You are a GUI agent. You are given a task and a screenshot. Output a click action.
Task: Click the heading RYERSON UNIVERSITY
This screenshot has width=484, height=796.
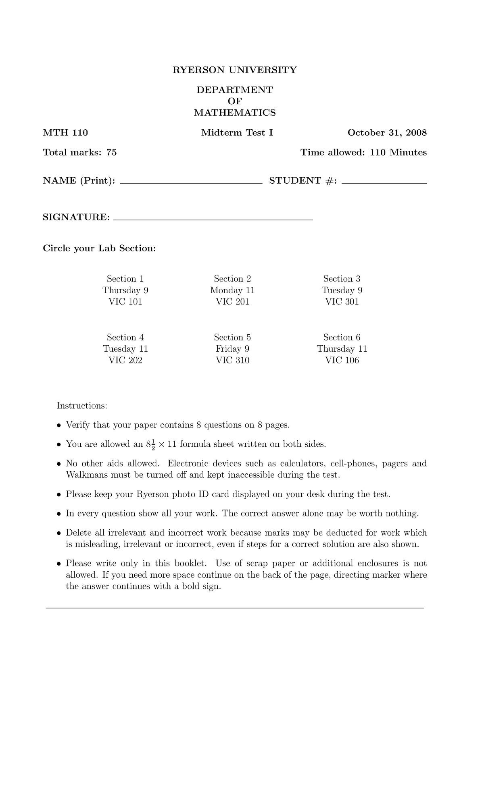pyautogui.click(x=234, y=70)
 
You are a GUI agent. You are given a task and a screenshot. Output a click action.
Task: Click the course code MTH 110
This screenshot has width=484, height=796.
pyautogui.click(x=65, y=133)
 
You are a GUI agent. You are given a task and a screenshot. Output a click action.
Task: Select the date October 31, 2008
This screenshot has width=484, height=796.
pyautogui.click(x=387, y=133)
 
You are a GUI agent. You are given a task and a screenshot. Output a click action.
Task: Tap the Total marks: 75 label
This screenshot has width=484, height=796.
pyautogui.click(x=79, y=152)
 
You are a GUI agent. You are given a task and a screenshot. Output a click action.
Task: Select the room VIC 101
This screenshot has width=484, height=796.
pyautogui.click(x=125, y=302)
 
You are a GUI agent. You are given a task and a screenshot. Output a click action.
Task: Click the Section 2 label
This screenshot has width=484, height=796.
pyautogui.click(x=232, y=279)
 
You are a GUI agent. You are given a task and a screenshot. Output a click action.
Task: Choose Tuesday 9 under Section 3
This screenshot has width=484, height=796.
pyautogui.click(x=342, y=290)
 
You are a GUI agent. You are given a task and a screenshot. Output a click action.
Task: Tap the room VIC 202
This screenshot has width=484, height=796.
pyautogui.click(x=125, y=360)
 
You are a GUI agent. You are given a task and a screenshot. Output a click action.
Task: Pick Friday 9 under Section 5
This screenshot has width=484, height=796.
pyautogui.click(x=232, y=349)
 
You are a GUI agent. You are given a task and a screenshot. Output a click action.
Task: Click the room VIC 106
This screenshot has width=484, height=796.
pyautogui.click(x=342, y=360)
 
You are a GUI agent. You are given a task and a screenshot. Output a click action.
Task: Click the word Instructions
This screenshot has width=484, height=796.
pyautogui.click(x=82, y=405)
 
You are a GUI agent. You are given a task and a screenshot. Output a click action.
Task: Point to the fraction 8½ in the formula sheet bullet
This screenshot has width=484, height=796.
pyautogui.click(x=150, y=444)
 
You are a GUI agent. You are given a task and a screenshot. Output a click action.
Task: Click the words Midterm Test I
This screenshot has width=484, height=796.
pyautogui.click(x=237, y=133)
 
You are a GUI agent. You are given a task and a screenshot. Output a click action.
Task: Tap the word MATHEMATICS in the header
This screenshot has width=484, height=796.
pyautogui.click(x=235, y=112)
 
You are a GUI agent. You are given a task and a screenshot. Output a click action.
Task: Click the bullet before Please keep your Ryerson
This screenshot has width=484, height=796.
pyautogui.click(x=59, y=495)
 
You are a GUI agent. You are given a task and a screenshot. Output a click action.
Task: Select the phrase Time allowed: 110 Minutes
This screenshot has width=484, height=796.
pyautogui.click(x=363, y=152)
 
